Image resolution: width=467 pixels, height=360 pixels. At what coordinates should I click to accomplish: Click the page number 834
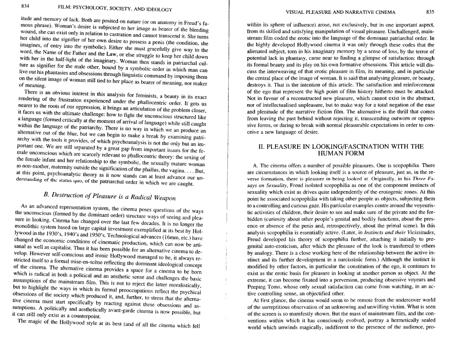[x=25, y=6]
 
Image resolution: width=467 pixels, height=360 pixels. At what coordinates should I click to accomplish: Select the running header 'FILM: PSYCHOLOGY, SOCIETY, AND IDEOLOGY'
[x=115, y=9]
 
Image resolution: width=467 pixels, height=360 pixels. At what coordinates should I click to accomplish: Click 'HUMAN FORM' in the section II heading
[x=340, y=153]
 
